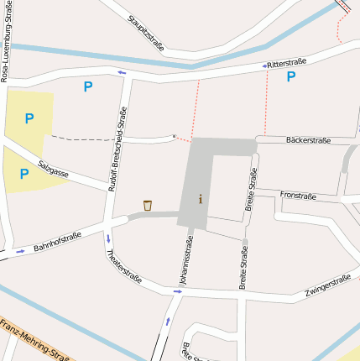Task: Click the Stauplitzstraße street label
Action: click(x=146, y=32)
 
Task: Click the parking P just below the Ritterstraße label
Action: click(x=291, y=76)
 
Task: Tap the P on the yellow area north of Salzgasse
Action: click(x=29, y=118)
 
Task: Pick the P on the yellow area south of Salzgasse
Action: click(x=24, y=174)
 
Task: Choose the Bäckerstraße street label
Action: click(x=308, y=140)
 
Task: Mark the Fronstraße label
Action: click(x=298, y=195)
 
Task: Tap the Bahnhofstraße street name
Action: click(x=57, y=243)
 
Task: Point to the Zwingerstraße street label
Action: click(x=328, y=286)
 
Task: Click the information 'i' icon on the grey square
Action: click(x=200, y=199)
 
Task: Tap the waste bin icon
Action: click(x=148, y=205)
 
